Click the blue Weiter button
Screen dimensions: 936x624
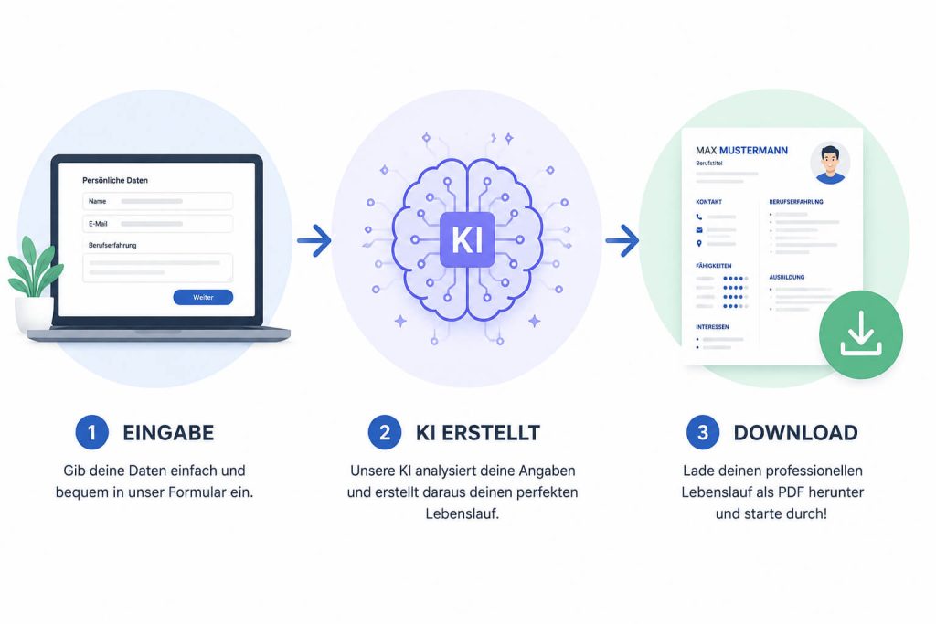point(203,297)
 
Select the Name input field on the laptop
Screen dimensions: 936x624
point(157,201)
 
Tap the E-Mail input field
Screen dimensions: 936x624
point(157,224)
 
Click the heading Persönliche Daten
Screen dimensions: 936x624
point(115,180)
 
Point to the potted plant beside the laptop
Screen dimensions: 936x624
point(34,283)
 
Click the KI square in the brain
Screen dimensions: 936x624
point(467,239)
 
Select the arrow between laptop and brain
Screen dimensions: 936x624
point(314,240)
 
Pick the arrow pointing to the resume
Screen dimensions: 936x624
point(622,240)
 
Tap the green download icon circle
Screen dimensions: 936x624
point(861,334)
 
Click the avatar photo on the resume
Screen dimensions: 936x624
point(830,163)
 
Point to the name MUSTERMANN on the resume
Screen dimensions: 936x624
point(753,151)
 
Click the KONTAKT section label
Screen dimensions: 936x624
point(708,202)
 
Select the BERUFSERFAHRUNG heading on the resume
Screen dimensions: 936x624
point(796,202)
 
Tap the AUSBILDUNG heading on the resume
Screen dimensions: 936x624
point(787,278)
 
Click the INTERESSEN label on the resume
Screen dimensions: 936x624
point(712,327)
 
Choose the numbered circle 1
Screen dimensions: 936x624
point(92,432)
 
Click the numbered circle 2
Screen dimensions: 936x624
point(385,432)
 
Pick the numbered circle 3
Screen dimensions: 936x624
point(703,432)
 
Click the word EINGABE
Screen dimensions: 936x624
point(168,432)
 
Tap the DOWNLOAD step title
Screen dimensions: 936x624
point(796,432)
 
